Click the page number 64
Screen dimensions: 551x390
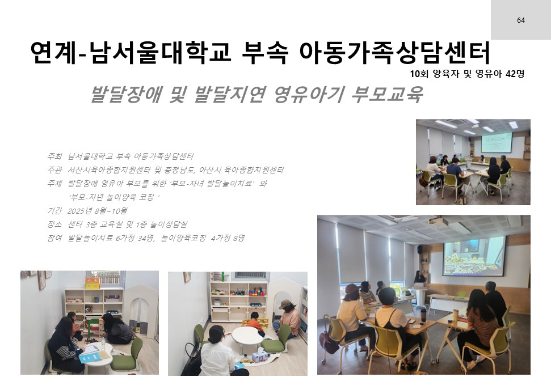click(521, 20)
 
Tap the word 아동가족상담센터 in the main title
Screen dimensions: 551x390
click(394, 53)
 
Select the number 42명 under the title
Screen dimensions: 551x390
click(515, 74)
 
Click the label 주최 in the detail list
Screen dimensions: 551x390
click(54, 156)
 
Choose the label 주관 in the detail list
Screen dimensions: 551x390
click(54, 170)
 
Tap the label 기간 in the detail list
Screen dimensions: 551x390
click(54, 211)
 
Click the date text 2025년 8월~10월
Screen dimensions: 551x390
click(97, 211)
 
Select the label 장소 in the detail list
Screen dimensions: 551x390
click(54, 224)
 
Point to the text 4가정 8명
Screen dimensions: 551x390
click(228, 238)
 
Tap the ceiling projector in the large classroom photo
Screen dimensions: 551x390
click(439, 222)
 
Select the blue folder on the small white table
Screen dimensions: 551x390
click(90, 357)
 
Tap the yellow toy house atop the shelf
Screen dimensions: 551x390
click(92, 283)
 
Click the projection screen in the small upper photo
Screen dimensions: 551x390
click(496, 142)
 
